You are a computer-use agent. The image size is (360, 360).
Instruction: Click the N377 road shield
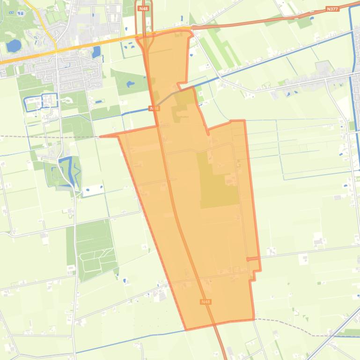(x=332, y=9)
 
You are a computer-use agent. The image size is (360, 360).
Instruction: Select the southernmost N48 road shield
(x=206, y=302)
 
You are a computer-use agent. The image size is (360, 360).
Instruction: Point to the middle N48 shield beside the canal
(x=154, y=108)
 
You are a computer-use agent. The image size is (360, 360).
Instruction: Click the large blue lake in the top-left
(x=14, y=45)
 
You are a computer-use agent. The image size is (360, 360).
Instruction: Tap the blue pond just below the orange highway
(x=97, y=51)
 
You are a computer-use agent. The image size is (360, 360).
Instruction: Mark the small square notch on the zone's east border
(x=253, y=259)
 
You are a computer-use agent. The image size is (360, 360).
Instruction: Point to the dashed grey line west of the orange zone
(x=47, y=137)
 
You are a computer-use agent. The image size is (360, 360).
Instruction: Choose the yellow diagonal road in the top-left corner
(x=40, y=21)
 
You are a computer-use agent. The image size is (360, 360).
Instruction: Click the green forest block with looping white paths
(x=94, y=250)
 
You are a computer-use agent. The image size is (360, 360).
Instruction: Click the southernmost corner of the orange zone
(x=186, y=330)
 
